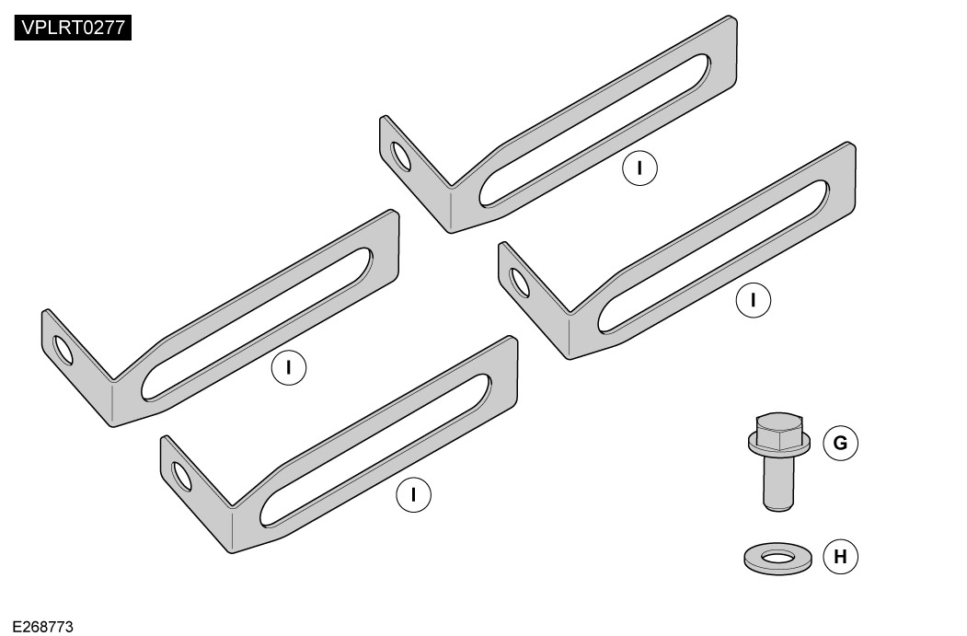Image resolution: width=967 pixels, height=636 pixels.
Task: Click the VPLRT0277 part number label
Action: coord(73,28)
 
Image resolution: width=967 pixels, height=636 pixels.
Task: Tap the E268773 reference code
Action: coord(42,627)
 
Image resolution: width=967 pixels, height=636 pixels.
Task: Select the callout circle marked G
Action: coord(841,443)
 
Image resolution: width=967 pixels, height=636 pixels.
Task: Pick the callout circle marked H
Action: coord(841,557)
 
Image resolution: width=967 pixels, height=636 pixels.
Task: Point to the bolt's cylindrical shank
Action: coord(778,483)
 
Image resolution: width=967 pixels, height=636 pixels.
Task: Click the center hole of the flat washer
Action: coord(778,558)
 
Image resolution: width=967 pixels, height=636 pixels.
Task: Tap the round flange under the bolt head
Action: coord(779,443)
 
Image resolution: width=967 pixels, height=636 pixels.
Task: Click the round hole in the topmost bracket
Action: coord(401,156)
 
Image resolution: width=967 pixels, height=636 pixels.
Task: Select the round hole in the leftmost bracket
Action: coord(63,351)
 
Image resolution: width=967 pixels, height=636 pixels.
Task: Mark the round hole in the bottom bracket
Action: coord(182,476)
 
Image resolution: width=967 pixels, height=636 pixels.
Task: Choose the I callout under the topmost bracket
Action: coord(639,168)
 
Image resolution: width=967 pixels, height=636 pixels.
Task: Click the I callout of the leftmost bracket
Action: coord(289,367)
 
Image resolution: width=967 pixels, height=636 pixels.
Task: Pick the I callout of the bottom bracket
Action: coord(413,495)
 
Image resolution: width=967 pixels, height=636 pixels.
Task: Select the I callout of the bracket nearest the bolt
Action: coord(753,300)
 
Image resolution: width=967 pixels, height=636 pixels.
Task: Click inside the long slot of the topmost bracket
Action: coord(594,130)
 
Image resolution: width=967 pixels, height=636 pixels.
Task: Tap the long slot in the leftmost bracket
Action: coord(257,324)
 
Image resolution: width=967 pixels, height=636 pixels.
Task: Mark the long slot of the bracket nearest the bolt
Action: coord(713,257)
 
